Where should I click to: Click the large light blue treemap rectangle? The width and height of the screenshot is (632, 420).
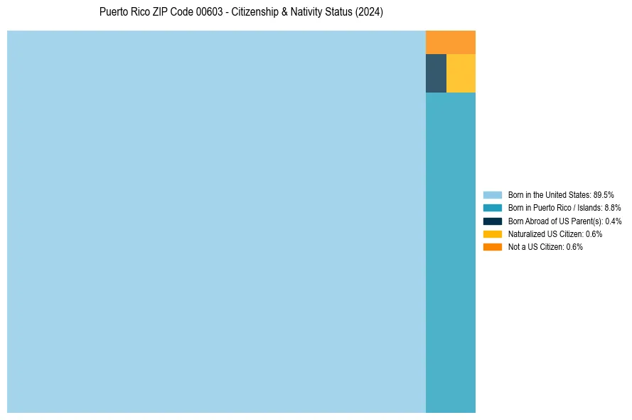click(x=216, y=221)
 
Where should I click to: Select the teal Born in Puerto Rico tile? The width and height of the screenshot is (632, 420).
click(x=450, y=252)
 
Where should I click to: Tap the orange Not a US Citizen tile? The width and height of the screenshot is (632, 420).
click(x=450, y=42)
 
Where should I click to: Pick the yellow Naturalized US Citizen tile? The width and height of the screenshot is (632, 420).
click(x=461, y=73)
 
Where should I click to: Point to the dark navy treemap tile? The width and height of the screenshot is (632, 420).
click(x=436, y=73)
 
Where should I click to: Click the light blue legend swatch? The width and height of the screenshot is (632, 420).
click(x=492, y=194)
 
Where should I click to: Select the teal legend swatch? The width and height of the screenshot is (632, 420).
click(x=492, y=208)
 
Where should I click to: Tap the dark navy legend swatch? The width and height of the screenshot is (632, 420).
click(x=492, y=221)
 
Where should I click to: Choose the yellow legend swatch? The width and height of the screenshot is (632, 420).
click(x=492, y=233)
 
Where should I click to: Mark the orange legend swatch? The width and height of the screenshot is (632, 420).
click(x=492, y=247)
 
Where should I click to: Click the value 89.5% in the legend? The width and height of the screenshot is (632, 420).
click(x=604, y=194)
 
